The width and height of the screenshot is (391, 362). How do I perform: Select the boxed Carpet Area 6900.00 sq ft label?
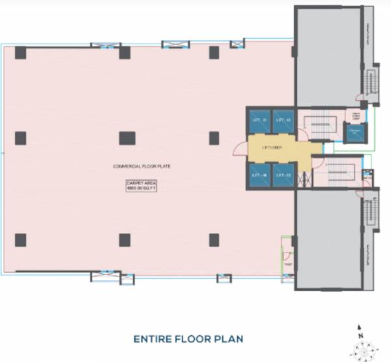141,185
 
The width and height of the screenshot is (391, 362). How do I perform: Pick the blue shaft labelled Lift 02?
282,121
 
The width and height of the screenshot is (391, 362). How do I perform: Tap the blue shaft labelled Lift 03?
282,175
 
